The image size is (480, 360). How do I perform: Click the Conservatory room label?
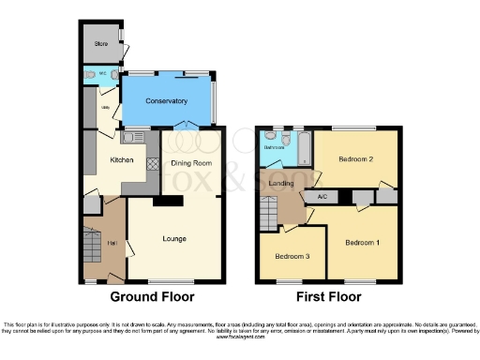pos(167,101)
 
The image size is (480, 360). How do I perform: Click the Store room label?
pos(99,44)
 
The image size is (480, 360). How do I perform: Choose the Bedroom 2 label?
pos(356,159)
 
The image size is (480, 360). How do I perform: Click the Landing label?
pos(281,184)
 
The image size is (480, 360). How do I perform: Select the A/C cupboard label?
pos(322,196)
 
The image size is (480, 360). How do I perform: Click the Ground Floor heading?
pos(152,297)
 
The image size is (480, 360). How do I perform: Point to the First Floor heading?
pos(327,297)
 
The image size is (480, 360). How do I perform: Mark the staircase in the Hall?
pos(92,247)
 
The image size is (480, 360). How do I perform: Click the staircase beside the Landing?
pos(268,216)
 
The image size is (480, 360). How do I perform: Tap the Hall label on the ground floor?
pos(112,244)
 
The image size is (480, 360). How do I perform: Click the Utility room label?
pos(106,110)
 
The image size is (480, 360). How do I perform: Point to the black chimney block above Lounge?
pos(170,201)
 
